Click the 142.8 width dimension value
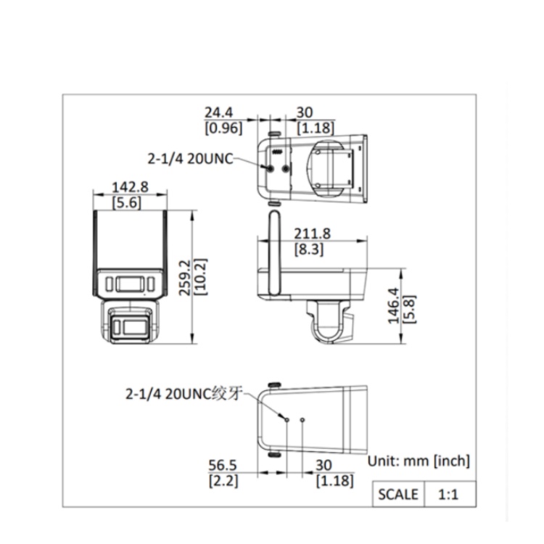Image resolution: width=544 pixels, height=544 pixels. tap(130, 186)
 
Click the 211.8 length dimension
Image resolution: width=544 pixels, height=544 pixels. tap(313, 233)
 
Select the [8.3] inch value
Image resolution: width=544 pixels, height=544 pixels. tap(309, 250)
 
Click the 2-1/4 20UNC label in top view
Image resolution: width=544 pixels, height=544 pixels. tap(189, 158)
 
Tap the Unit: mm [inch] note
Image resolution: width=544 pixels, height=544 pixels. tap(419, 460)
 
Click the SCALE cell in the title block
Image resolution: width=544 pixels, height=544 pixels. tap(398, 495)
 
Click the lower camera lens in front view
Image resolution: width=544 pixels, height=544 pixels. tap(131, 326)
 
